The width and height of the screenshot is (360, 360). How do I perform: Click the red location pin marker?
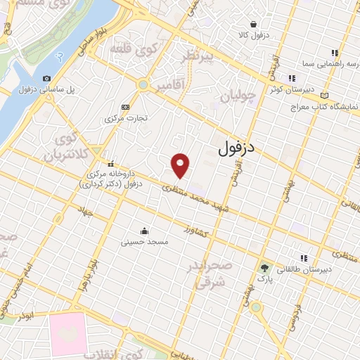tap(181, 165)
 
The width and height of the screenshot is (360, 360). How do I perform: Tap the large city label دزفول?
tap(235, 148)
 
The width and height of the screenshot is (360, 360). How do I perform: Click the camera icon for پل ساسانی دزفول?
tap(46, 79)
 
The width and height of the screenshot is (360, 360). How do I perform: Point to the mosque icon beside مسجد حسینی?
tap(145, 230)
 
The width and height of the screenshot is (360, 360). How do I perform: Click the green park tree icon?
tap(264, 268)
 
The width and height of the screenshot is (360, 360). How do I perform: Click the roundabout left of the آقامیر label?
tap(143, 85)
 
